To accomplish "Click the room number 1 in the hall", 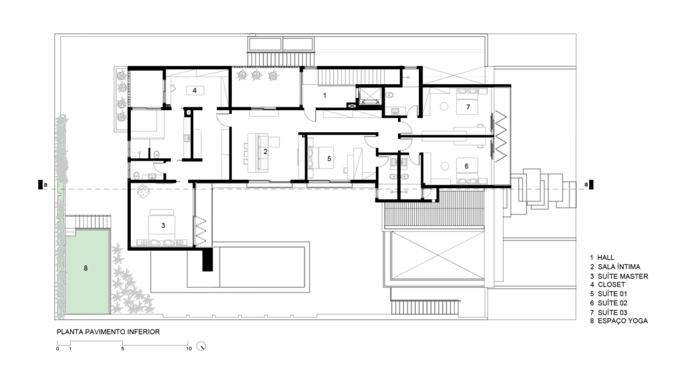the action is coord(325,95).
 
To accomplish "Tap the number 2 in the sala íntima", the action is coord(265,151).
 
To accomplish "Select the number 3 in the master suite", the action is coord(163,225).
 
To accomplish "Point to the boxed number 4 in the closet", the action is coord(194,91).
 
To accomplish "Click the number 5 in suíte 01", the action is coord(329,159).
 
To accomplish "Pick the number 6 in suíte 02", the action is coord(466,166).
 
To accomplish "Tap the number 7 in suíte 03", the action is coord(468,107).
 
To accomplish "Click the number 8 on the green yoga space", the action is coord(85,268).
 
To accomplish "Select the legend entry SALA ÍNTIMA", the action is coord(619,267).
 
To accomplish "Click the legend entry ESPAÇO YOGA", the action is coord(623,321).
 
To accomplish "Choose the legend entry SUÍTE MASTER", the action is coord(623,276).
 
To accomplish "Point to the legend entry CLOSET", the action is coord(611,284).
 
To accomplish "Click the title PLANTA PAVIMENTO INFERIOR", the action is coord(108,332).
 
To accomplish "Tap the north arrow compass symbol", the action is coord(201,346).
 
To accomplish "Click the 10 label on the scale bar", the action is coord(189,349).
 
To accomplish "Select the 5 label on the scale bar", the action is coord(123,349).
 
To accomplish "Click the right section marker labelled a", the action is coord(589,185).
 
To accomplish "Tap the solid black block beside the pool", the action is coord(208,259).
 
